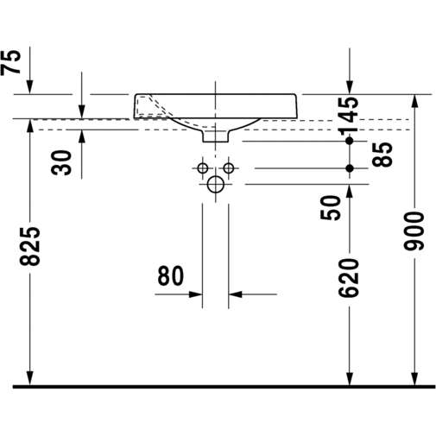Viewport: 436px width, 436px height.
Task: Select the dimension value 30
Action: click(x=62, y=161)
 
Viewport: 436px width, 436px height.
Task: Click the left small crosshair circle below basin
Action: click(x=203, y=167)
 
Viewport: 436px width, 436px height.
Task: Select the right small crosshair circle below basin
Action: click(x=229, y=167)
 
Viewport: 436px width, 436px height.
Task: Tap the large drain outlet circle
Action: click(x=216, y=184)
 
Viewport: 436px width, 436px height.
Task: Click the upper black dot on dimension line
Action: click(x=350, y=140)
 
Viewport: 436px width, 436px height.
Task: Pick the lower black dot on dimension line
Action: click(x=350, y=167)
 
